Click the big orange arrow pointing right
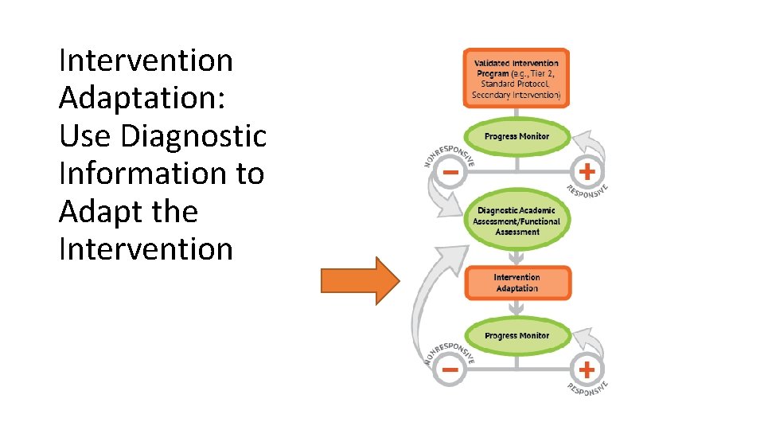pyautogui.click(x=358, y=280)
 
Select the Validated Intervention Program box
pyautogui.click(x=516, y=79)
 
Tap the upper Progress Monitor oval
pyautogui.click(x=516, y=136)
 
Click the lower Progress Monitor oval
pyautogui.click(x=516, y=336)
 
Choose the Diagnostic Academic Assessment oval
pyautogui.click(x=516, y=221)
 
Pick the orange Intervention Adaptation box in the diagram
pyautogui.click(x=516, y=283)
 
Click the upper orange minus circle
pyautogui.click(x=450, y=172)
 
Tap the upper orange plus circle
pyautogui.click(x=587, y=171)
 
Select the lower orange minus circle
pyautogui.click(x=450, y=369)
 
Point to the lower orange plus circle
pyautogui.click(x=587, y=369)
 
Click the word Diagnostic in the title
pyautogui.click(x=193, y=136)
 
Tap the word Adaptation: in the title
pyautogui.click(x=142, y=99)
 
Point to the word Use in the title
pyautogui.click(x=85, y=136)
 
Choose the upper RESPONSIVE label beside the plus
pyautogui.click(x=589, y=189)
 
